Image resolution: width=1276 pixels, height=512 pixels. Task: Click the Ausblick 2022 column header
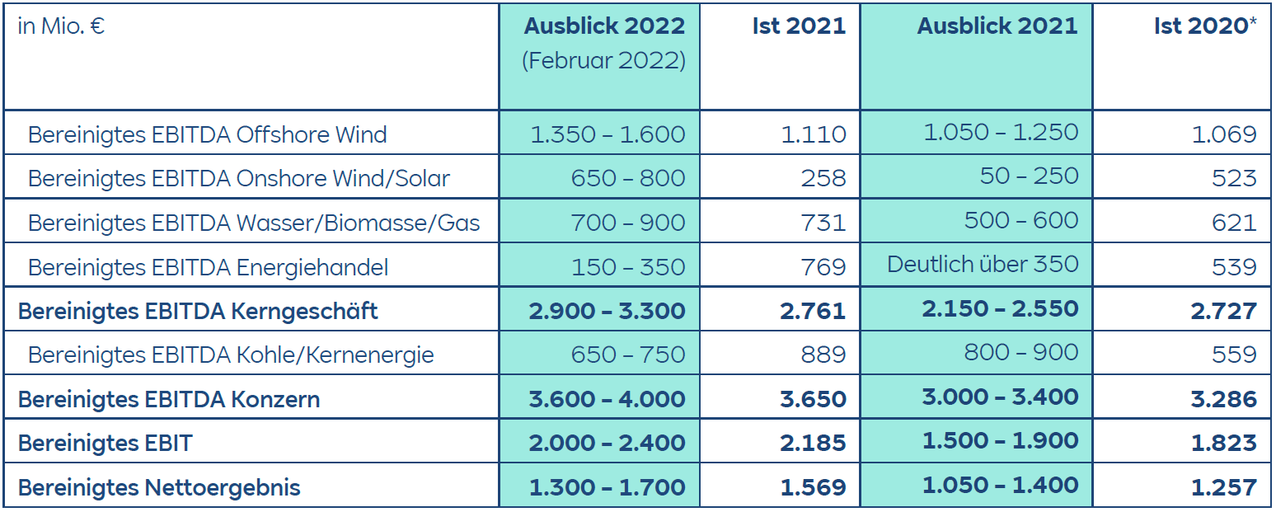(x=604, y=26)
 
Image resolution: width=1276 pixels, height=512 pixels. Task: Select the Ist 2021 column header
(x=799, y=26)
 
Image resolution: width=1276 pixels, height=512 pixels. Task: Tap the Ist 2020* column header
(x=1205, y=26)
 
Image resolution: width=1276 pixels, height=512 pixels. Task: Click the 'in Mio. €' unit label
(x=60, y=26)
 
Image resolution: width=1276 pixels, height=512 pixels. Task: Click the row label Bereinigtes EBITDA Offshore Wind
(x=207, y=134)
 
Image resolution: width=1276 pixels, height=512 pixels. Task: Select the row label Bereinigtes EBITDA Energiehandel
(x=208, y=267)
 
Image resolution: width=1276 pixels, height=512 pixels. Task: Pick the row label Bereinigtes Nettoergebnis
(x=159, y=487)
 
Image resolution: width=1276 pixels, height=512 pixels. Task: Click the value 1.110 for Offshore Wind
(x=813, y=134)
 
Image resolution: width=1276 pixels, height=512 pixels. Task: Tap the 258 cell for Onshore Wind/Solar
(x=823, y=178)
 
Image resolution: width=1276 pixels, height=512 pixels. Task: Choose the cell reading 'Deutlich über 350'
(x=983, y=264)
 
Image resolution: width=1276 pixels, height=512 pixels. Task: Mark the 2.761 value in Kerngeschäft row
(x=812, y=311)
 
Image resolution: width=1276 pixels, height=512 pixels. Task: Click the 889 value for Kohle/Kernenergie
(x=823, y=355)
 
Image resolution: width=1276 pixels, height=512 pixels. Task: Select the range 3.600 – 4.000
(x=607, y=399)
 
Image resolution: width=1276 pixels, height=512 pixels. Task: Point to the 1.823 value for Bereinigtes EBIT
(x=1223, y=443)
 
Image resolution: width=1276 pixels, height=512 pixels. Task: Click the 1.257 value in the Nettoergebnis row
(x=1223, y=487)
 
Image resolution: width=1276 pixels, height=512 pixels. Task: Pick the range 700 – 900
(x=628, y=222)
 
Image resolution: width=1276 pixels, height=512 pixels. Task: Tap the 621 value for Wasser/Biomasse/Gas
(x=1234, y=222)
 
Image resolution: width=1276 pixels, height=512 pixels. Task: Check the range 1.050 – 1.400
(x=1000, y=486)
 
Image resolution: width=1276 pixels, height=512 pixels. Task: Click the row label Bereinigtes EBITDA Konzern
(x=169, y=399)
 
